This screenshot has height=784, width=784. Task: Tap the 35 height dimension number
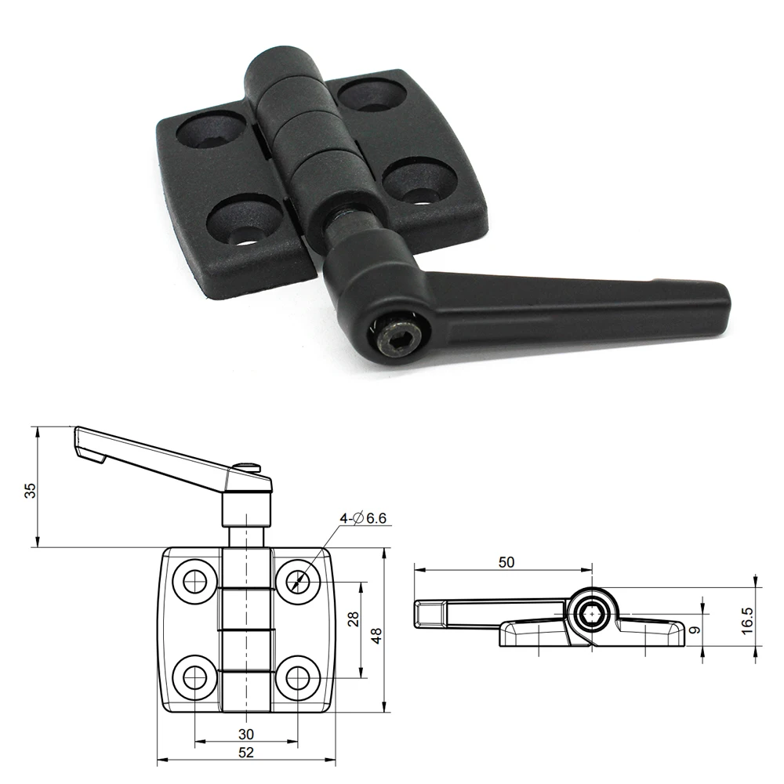click(x=30, y=490)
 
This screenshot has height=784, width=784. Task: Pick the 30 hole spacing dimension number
click(x=246, y=734)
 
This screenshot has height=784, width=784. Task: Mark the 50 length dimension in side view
click(x=506, y=562)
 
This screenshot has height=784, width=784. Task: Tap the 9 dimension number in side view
click(x=695, y=629)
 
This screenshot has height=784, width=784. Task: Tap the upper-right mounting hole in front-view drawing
click(x=298, y=580)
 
